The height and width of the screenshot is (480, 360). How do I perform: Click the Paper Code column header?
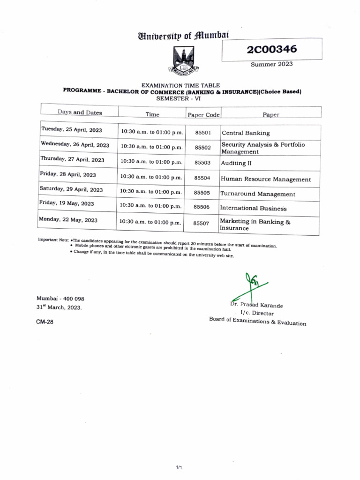[x=203, y=114]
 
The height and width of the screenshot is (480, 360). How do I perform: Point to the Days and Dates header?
[x=80, y=112]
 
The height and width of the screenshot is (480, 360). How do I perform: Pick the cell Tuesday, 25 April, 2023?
[x=72, y=129]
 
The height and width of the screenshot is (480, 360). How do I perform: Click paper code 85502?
[x=202, y=147]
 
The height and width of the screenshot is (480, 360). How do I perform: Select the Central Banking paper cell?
[x=246, y=133]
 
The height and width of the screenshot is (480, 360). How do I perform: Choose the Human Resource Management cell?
[x=265, y=179]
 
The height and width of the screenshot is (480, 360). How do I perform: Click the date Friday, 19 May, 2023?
[x=67, y=203]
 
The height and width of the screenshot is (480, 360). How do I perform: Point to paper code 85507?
[x=202, y=224]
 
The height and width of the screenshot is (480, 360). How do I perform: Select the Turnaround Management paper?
[x=258, y=194]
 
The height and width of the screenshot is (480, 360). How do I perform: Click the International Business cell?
[x=254, y=208]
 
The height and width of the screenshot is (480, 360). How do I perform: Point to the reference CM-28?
[x=45, y=322]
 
